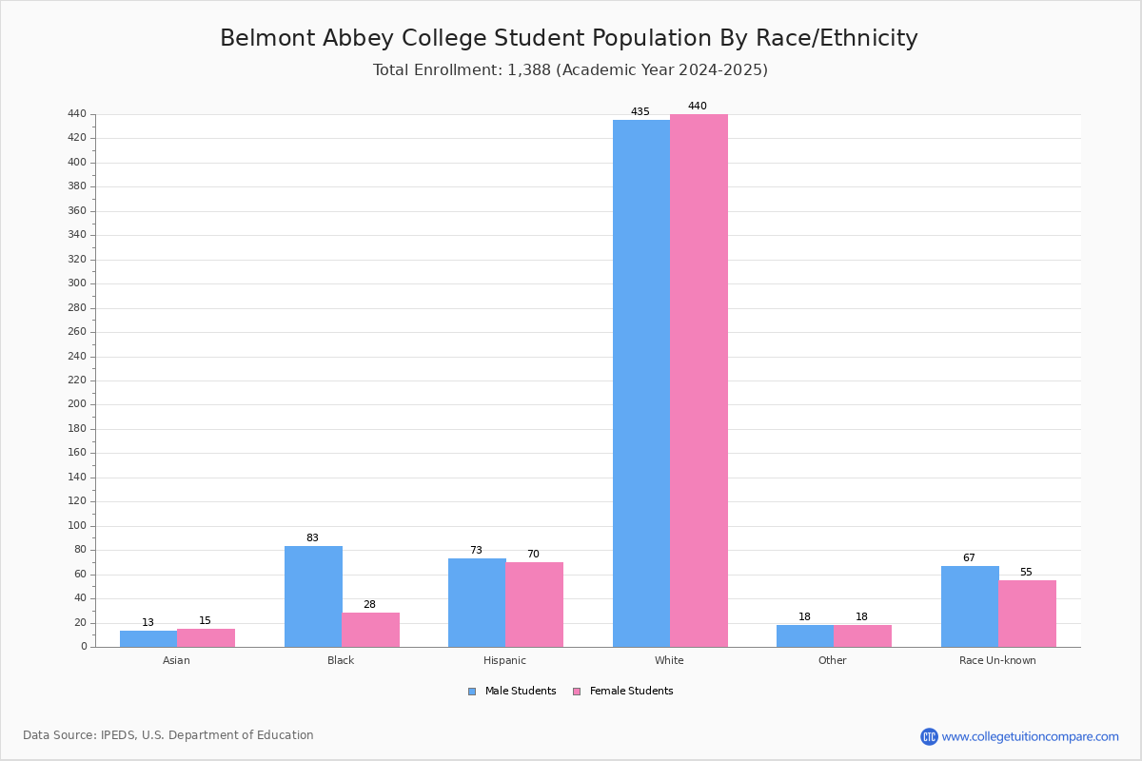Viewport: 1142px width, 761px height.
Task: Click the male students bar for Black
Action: [313, 596]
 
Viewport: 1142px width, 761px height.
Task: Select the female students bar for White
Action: [699, 380]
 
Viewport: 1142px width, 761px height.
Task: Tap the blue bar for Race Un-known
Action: [970, 607]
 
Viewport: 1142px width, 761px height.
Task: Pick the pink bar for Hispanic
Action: [534, 604]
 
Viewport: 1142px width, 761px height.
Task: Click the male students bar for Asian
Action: [148, 639]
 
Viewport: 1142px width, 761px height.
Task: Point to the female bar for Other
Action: [862, 636]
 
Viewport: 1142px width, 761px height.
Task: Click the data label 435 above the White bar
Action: [640, 111]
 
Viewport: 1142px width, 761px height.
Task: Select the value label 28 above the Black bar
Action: [369, 604]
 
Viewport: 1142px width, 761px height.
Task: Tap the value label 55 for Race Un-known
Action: [1026, 572]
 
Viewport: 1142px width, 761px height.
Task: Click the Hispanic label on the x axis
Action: [504, 660]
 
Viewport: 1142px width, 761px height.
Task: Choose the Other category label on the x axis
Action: [833, 660]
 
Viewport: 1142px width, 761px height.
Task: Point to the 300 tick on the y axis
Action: [77, 283]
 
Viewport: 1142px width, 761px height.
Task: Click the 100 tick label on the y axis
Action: [77, 525]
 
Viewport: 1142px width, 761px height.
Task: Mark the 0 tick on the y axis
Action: [84, 647]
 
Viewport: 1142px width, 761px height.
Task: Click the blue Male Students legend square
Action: [472, 692]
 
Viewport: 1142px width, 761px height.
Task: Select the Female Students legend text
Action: [632, 692]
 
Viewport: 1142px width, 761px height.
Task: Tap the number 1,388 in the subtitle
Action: [529, 70]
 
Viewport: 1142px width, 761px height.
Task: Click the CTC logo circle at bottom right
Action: [929, 736]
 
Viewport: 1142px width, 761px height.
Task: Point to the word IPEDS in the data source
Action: [118, 735]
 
